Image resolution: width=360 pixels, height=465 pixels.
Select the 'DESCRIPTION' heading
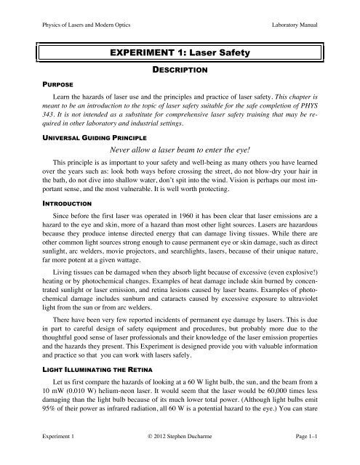[x=180, y=70]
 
